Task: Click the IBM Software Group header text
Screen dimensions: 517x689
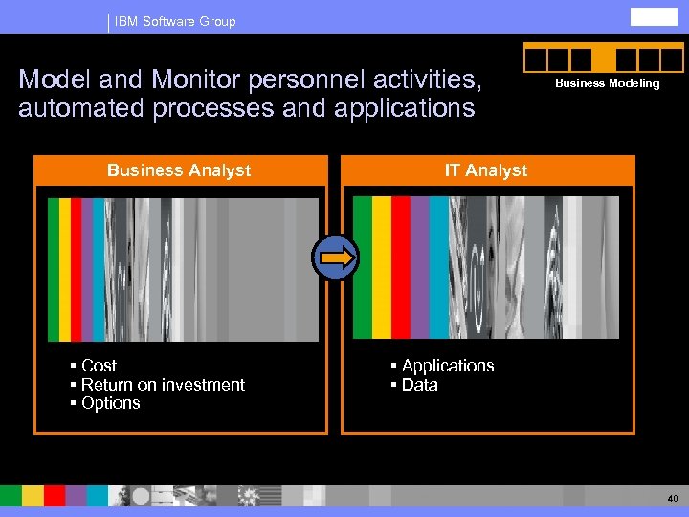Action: pyautogui.click(x=175, y=21)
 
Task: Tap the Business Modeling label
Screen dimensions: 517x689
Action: pyautogui.click(x=608, y=83)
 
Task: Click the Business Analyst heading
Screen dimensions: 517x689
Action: pyautogui.click(x=179, y=170)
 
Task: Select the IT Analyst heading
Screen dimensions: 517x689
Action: pyautogui.click(x=485, y=170)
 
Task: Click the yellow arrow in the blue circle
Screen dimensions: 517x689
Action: pyautogui.click(x=336, y=257)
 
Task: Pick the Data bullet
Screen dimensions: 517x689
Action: pyautogui.click(x=419, y=385)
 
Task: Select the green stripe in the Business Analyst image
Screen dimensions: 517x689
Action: pyautogui.click(x=54, y=269)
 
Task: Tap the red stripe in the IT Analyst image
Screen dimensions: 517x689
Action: pyautogui.click(x=400, y=267)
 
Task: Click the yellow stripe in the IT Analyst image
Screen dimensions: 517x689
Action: pyautogui.click(x=382, y=267)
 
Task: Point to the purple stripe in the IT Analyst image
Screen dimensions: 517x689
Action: pyautogui.click(x=419, y=267)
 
